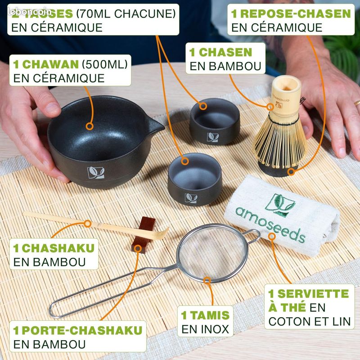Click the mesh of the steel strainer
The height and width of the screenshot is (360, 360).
click(x=209, y=254)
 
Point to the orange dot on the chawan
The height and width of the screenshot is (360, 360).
click(x=90, y=126)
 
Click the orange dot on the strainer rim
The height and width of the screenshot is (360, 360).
click(x=207, y=280)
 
